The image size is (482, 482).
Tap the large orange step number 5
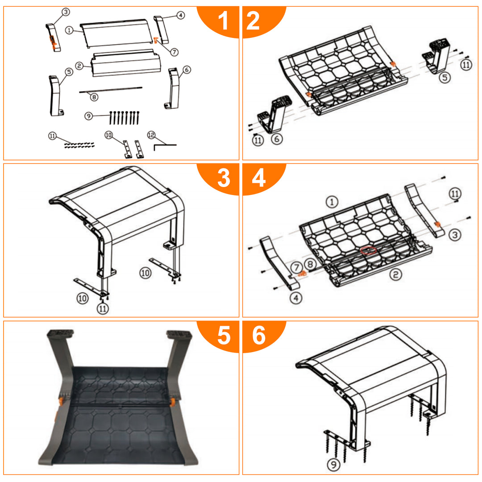[x=224, y=335]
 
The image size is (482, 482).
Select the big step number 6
[x=259, y=335]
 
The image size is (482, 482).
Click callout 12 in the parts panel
[x=151, y=135]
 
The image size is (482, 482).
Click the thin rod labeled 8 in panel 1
[x=111, y=89]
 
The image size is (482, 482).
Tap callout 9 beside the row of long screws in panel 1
[x=88, y=116]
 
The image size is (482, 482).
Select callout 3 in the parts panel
[x=66, y=12]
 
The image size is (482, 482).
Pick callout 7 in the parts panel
[x=175, y=52]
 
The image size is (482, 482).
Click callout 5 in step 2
[x=445, y=77]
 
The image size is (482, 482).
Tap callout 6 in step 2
[x=277, y=139]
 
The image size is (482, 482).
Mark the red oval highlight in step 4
[x=369, y=250]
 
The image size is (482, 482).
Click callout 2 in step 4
[x=395, y=274]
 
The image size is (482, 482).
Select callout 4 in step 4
[x=296, y=298]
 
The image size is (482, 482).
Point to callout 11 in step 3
[x=103, y=308]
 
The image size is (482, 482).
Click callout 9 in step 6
[x=333, y=464]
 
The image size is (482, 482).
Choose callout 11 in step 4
[x=455, y=194]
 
